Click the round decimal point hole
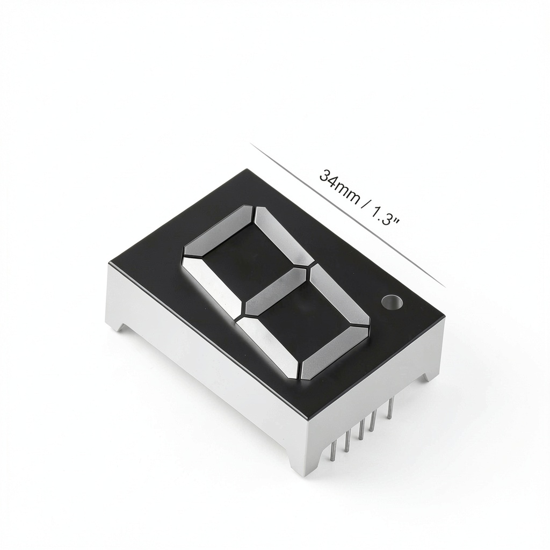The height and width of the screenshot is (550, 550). pyautogui.click(x=392, y=302)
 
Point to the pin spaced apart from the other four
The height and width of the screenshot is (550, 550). pyautogui.click(x=390, y=407)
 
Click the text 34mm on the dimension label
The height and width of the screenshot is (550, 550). pyautogui.click(x=339, y=187)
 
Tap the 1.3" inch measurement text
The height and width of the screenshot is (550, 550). pyautogui.click(x=385, y=216)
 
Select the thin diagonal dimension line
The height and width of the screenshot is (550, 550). pyautogui.click(x=348, y=215)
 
